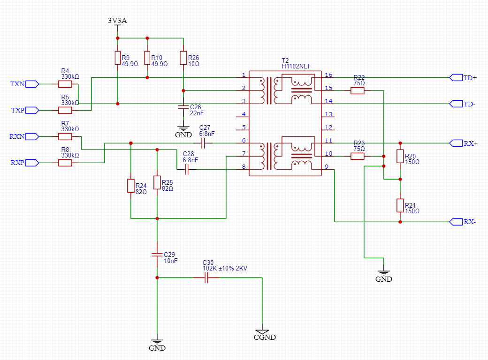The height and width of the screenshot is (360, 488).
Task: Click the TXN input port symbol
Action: tap(32, 84)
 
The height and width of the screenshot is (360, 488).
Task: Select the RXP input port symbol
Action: tap(32, 163)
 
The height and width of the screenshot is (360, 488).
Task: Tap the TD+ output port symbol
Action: tap(456, 78)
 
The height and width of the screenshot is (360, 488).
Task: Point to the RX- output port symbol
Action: tap(456, 222)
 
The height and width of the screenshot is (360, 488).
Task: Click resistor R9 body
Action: tap(118, 58)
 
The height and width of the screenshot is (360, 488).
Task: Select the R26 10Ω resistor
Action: tap(183, 58)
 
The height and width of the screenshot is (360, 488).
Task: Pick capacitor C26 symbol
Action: tap(183, 107)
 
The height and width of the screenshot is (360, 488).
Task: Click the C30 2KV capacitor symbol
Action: tap(206, 277)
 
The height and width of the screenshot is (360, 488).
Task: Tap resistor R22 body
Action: tap(357, 91)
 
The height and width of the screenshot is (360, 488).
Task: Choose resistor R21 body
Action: tap(400, 205)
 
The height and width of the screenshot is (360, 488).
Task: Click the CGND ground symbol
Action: tap(262, 332)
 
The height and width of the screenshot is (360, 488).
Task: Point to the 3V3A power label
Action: tap(117, 21)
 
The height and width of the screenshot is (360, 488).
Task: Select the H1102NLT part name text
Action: tap(296, 66)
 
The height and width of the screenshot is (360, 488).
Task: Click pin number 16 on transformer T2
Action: tap(328, 75)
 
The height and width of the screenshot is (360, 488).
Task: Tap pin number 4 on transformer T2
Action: tap(244, 114)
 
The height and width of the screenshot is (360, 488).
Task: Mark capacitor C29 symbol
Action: tap(157, 255)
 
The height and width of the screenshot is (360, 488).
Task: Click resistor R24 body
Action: tap(131, 186)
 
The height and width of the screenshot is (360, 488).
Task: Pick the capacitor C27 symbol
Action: tap(203, 143)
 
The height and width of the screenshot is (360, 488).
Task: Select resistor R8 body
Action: tap(65, 163)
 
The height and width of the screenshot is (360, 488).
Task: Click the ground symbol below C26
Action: tap(183, 128)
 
